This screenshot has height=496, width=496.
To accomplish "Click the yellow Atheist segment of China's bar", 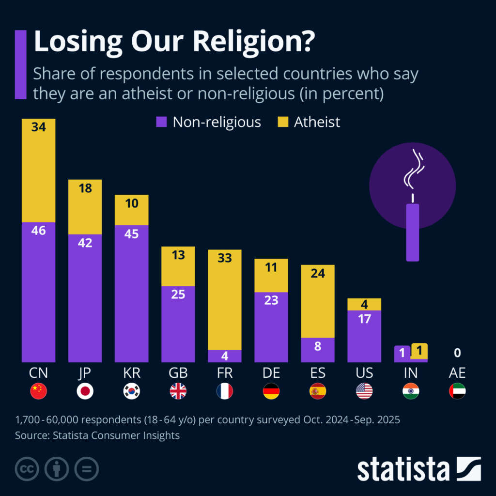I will tap(38, 170).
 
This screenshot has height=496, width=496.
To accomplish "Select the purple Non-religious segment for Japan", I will tap(85, 298).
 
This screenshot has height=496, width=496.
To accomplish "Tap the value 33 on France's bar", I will tap(224, 258).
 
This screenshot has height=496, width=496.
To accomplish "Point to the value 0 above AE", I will tap(457, 353).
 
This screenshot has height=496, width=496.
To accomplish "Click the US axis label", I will tap(364, 373).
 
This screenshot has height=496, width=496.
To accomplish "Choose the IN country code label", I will tap(410, 373).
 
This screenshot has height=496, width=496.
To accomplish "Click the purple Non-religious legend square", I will tap(161, 122).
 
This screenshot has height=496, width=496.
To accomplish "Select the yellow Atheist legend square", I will tap(282, 122).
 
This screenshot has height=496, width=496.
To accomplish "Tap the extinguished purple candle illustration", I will tap(412, 232).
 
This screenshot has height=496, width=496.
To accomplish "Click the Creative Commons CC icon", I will tap(27, 469).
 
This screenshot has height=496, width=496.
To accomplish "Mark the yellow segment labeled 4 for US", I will tap(364, 304).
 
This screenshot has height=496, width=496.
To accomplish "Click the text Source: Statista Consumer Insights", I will tap(97, 435).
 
